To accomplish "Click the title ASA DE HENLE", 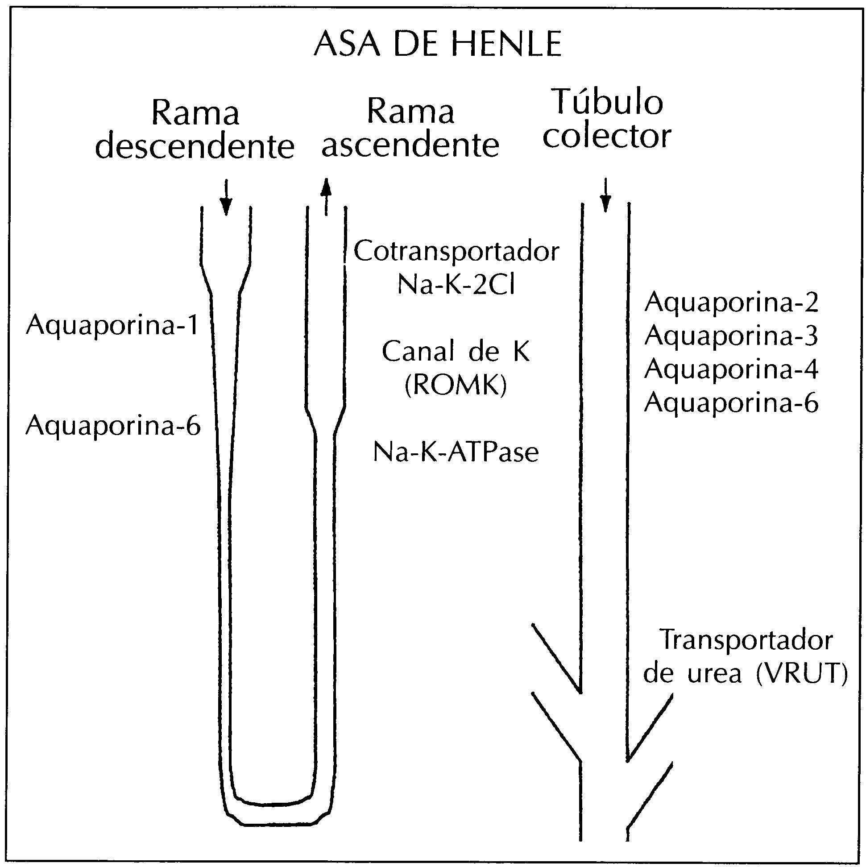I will (x=438, y=45).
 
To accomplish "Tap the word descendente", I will (x=195, y=147).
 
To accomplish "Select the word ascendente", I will (x=410, y=145).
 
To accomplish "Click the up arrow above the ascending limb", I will (x=326, y=196).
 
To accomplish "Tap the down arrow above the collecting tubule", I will (x=606, y=195).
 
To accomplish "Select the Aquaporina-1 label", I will (x=112, y=325).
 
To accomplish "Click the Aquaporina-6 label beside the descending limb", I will (x=113, y=425).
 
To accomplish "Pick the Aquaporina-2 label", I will (x=731, y=303).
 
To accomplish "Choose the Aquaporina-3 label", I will (x=731, y=336).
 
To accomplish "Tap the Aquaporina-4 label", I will (x=731, y=369).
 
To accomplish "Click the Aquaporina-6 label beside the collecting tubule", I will (x=731, y=402).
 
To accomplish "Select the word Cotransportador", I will (x=456, y=251).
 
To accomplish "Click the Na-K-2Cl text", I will (x=456, y=285).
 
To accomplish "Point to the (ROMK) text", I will (x=456, y=386).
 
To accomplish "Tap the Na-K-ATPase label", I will (x=456, y=452).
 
